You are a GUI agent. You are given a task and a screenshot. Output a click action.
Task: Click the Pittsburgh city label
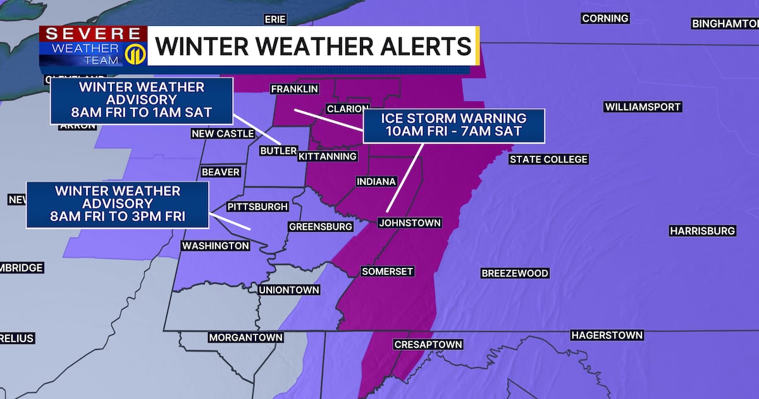click(257, 206)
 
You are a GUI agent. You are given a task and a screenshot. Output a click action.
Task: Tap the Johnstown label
click(409, 223)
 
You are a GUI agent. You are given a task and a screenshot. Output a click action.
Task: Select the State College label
click(548, 160)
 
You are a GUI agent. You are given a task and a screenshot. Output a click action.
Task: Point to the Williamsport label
click(643, 107)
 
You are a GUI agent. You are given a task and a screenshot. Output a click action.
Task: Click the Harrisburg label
click(702, 231)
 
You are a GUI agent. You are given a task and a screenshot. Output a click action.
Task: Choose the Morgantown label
click(245, 338)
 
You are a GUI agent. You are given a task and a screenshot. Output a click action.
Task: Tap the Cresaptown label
click(428, 345)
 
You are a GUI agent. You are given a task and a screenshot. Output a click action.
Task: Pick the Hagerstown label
click(607, 335)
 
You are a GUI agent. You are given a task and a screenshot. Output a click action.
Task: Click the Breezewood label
click(515, 274)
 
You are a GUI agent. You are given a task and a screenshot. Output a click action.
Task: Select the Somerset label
click(387, 272)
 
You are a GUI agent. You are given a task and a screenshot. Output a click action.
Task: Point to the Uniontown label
click(289, 290)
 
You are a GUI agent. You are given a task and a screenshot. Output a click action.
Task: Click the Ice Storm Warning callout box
click(454, 125)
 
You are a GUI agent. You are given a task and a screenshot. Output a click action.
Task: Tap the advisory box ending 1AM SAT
click(142, 101)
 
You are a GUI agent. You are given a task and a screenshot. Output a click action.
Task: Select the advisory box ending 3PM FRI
click(117, 205)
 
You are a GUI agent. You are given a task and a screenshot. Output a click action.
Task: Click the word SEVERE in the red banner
click(92, 34)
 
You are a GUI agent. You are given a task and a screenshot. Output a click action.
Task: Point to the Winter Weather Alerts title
click(312, 46)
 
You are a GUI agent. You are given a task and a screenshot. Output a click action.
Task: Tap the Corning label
click(605, 19)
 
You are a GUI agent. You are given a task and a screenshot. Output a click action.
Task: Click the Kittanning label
click(328, 156)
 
